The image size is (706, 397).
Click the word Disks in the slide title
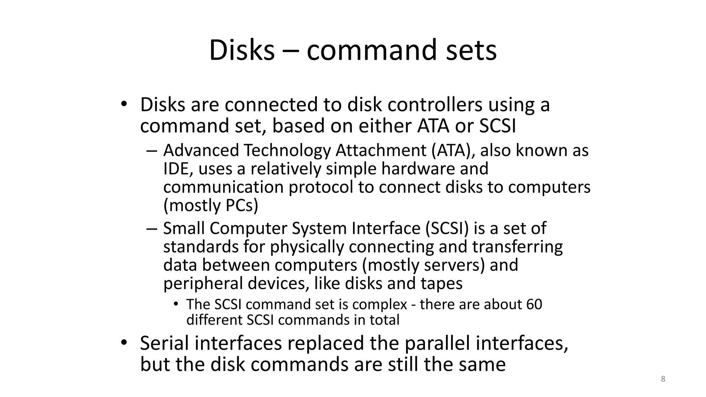(x=242, y=50)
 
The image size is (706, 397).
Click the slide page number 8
(x=663, y=379)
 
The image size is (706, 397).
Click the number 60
(x=534, y=304)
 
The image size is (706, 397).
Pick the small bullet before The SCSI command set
(x=176, y=304)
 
